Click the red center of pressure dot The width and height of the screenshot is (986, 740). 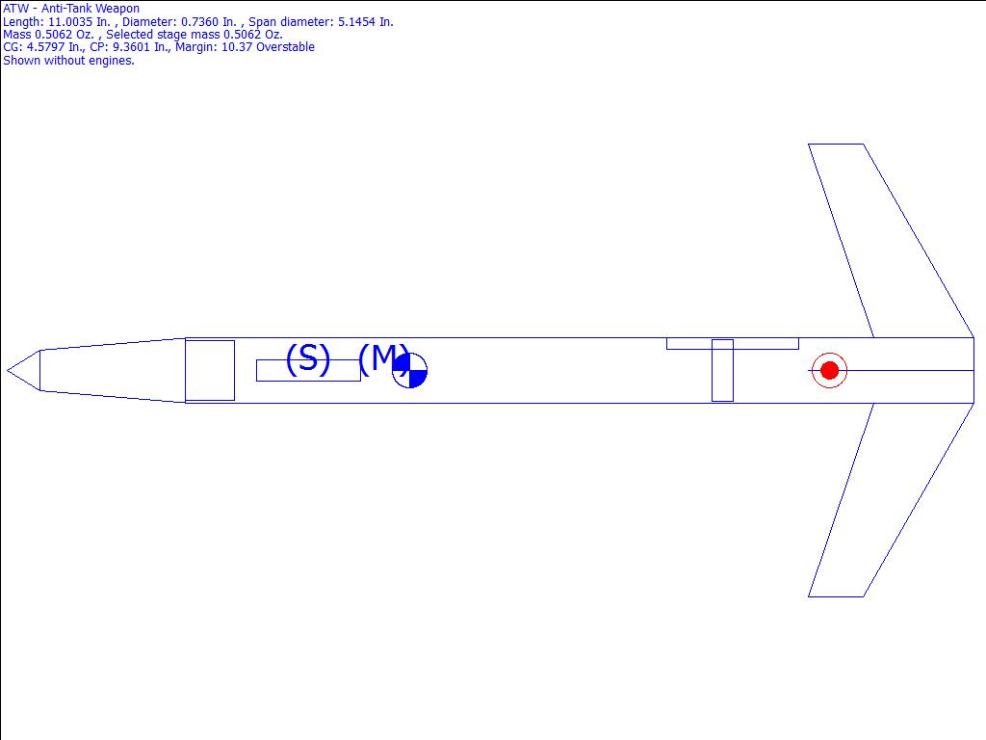829,370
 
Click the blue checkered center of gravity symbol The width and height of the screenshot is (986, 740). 409,370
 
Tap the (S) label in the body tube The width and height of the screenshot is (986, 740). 308,358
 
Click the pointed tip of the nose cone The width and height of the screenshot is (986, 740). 7,370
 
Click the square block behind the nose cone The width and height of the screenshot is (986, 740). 210,370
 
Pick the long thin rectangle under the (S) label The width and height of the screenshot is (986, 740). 308,371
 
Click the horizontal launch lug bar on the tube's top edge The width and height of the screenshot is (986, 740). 733,344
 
